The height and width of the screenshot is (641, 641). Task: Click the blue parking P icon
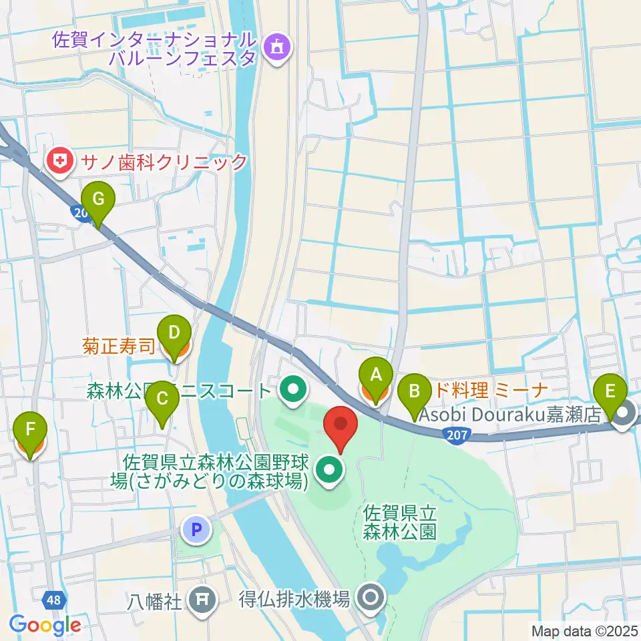pos(196,531)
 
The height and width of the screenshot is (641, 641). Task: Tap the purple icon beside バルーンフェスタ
pos(276,47)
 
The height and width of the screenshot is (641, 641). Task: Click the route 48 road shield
pos(54,600)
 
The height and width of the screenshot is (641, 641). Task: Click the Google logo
pos(45,625)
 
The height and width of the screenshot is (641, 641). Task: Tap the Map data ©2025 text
pos(584,630)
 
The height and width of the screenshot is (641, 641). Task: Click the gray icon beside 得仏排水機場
pos(370,596)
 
